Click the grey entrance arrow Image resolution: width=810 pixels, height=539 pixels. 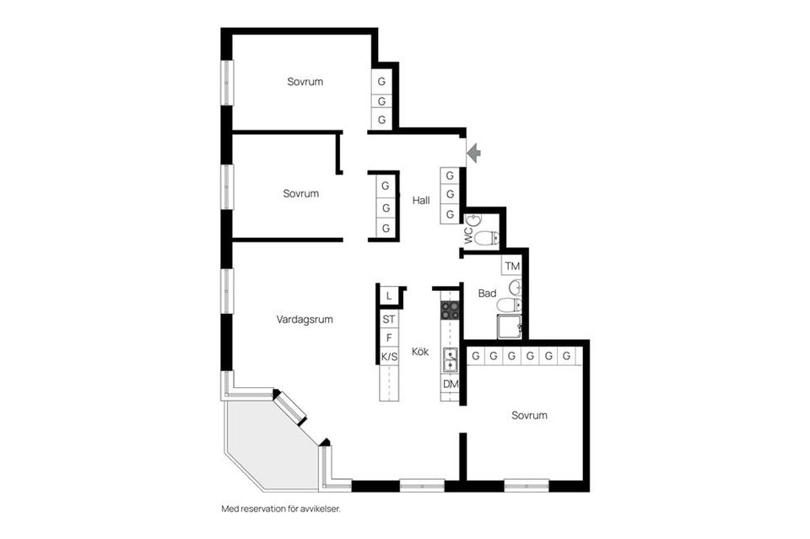click(x=473, y=153)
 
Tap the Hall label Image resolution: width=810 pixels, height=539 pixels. click(x=421, y=201)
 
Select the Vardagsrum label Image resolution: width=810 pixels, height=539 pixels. click(x=305, y=320)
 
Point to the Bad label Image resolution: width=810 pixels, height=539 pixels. click(x=487, y=294)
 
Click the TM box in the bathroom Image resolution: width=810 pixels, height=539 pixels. click(x=512, y=267)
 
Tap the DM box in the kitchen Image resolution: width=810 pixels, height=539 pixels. click(x=450, y=385)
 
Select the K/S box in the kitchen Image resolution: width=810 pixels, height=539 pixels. click(x=389, y=357)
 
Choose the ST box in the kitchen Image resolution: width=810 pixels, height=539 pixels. click(x=388, y=320)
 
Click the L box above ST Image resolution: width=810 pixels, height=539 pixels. click(x=388, y=295)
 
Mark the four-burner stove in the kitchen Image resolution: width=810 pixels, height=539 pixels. click(x=450, y=310)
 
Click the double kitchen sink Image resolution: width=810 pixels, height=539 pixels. click(x=450, y=359)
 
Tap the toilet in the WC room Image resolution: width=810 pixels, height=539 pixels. click(x=487, y=238)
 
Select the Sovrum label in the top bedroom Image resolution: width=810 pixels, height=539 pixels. click(x=305, y=82)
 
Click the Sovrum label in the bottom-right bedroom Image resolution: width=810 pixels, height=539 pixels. click(x=529, y=415)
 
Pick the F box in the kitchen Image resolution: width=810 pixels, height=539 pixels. click(x=388, y=338)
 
